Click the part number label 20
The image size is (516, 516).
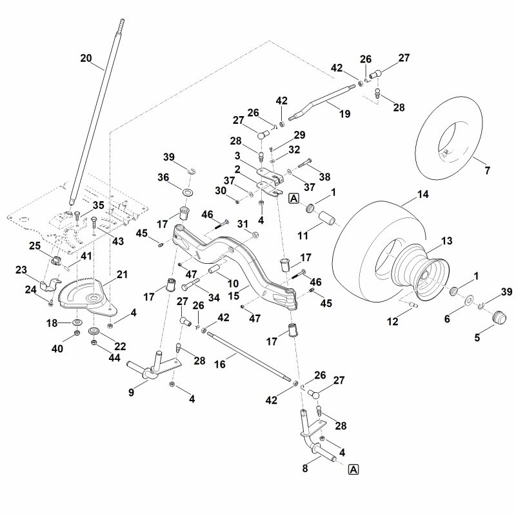point(86,57)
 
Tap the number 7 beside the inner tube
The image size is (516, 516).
point(486,170)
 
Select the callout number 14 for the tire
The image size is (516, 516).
point(422,194)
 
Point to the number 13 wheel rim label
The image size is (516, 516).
point(446,241)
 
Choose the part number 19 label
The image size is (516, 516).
point(344,114)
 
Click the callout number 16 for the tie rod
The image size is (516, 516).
point(220,364)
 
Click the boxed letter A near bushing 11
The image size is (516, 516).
point(293,199)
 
